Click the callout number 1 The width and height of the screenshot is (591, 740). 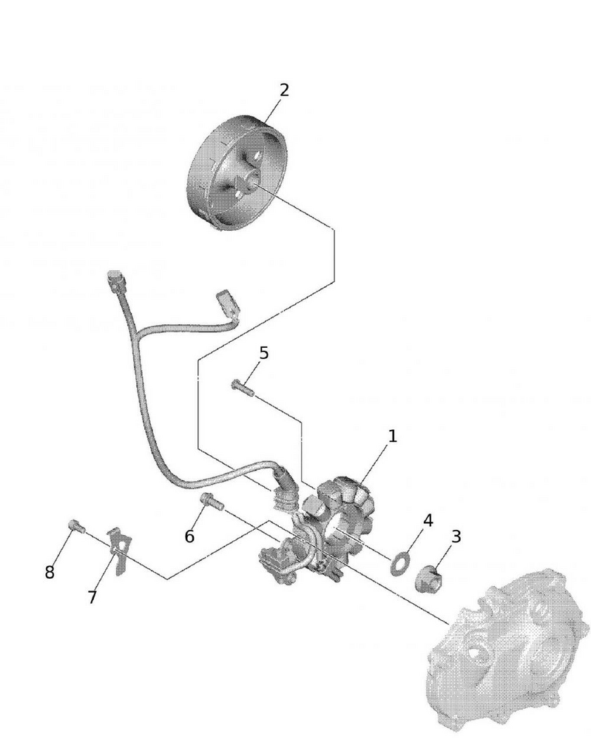[x=393, y=436]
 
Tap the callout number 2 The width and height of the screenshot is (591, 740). [x=284, y=90]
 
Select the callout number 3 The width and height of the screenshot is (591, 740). [x=456, y=536]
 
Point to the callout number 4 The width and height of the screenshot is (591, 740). [x=428, y=520]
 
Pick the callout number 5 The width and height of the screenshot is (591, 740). [x=263, y=352]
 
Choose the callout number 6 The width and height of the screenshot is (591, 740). [x=189, y=536]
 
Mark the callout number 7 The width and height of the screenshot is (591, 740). [x=92, y=597]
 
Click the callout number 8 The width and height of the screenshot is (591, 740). [x=50, y=572]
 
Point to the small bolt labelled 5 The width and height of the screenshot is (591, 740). [x=243, y=388]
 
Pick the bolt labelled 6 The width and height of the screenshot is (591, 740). [x=212, y=501]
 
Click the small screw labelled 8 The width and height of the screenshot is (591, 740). [x=77, y=525]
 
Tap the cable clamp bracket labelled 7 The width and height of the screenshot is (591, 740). [x=120, y=551]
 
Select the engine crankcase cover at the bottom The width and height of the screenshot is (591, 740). [x=507, y=653]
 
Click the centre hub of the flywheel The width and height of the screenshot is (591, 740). [x=249, y=180]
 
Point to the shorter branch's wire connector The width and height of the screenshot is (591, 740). [x=228, y=302]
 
